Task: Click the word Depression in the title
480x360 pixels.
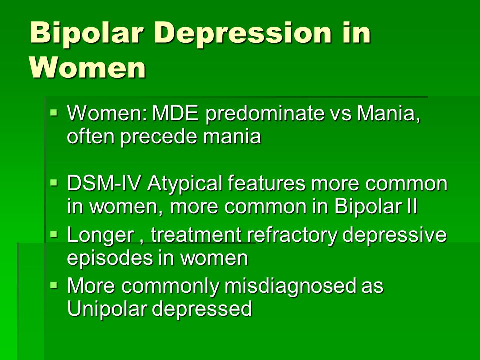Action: pos(243,33)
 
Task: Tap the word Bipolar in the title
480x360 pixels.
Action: pos(87,33)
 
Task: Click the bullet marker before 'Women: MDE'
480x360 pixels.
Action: pos(54,113)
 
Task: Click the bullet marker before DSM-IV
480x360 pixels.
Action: pos(54,183)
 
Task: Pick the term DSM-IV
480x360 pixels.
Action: pos(104,183)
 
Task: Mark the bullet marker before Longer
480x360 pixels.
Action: pos(54,235)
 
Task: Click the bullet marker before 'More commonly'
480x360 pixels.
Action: pos(54,286)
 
